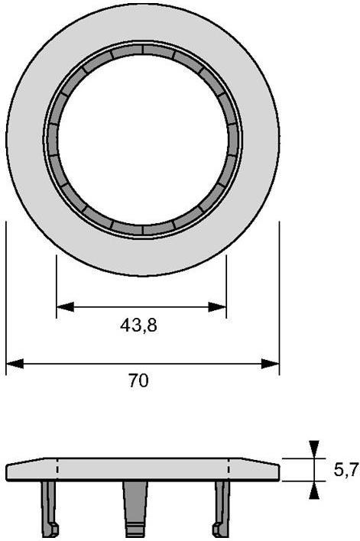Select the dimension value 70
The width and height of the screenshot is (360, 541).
pos(138,381)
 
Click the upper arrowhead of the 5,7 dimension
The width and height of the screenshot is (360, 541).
pos(313,449)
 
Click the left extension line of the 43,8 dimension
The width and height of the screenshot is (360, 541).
pos(57,287)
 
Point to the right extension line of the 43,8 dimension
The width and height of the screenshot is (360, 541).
pos(226,287)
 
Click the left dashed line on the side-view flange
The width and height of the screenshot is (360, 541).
pos(58,469)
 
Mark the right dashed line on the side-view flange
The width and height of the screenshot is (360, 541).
pos(229,469)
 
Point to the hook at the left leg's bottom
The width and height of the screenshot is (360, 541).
pos(54,530)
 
